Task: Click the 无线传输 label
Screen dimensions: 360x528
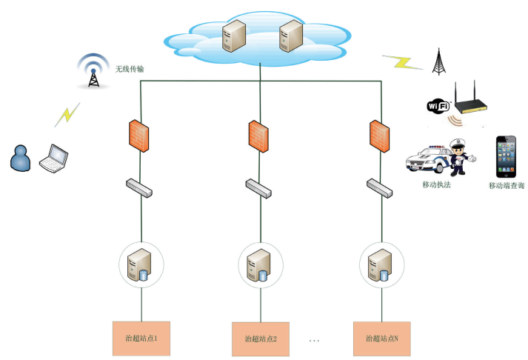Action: tap(129, 69)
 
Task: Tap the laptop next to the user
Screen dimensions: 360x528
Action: tap(53, 156)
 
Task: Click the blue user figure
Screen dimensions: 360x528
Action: tap(20, 158)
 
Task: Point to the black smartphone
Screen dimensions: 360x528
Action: tap(507, 155)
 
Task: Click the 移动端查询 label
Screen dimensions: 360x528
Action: tap(507, 185)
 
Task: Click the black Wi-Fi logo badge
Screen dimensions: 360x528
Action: tap(438, 106)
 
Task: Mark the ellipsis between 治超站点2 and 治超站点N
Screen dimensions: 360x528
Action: tap(315, 339)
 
